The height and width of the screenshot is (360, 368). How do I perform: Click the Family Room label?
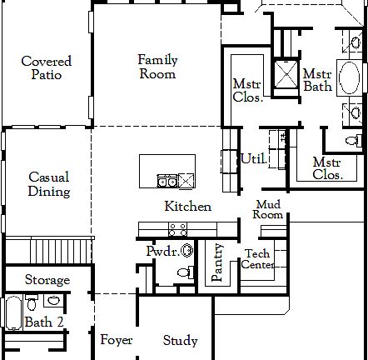157,67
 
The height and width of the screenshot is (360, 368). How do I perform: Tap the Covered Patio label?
46,67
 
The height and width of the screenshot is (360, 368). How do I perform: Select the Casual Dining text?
49,184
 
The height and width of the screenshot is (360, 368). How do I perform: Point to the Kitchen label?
187,207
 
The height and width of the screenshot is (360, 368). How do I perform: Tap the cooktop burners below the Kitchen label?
177,227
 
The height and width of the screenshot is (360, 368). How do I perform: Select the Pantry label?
217,263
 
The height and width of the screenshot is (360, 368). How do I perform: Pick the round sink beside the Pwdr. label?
186,249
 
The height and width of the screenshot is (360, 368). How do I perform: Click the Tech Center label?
257,259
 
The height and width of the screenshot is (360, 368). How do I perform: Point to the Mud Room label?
268,209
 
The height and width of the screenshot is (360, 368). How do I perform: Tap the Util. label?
253,158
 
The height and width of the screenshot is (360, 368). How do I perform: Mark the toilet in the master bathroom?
354,138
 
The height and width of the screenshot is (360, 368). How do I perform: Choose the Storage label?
47,280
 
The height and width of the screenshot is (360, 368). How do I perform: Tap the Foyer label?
117,340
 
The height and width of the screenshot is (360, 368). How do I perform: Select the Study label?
180,340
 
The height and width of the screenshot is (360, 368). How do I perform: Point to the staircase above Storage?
47,247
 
